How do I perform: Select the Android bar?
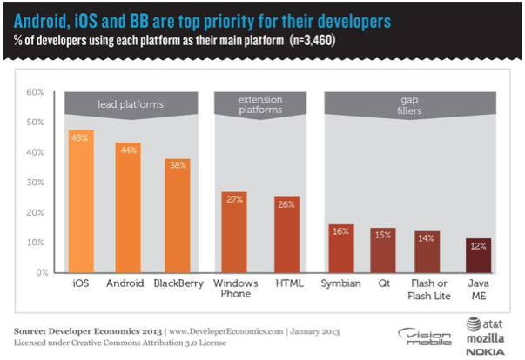pyautogui.click(x=128, y=209)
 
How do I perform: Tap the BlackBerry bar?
pyautogui.click(x=178, y=217)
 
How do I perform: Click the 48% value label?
pyautogui.click(x=79, y=138)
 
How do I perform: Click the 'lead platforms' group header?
pyautogui.click(x=129, y=104)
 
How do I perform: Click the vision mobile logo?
pyautogui.click(x=424, y=337)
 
